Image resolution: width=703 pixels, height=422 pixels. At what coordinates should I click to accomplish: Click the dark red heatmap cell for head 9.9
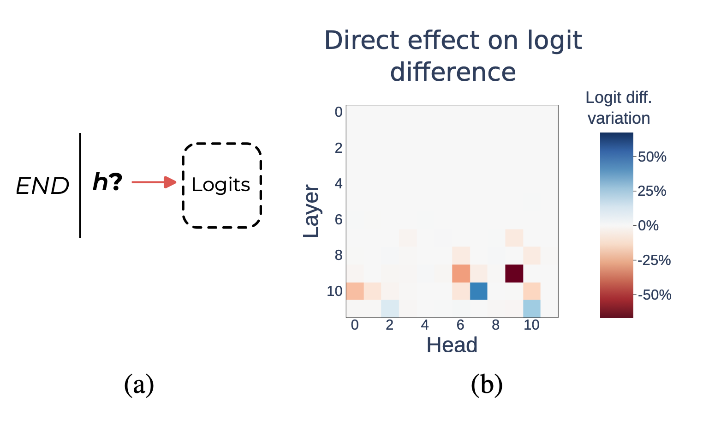514,273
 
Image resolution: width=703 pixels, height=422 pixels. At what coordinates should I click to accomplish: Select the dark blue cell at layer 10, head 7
478,291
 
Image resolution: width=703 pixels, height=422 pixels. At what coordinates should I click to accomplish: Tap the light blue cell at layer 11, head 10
531,308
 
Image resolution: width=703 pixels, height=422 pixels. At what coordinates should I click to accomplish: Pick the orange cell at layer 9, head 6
461,273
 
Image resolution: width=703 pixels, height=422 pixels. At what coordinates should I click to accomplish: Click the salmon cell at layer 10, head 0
355,291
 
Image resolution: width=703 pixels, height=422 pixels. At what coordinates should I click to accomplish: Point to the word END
42,187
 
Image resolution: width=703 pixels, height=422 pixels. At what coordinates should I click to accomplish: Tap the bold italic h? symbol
107,182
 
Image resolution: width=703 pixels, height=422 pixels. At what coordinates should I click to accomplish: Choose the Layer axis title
311,211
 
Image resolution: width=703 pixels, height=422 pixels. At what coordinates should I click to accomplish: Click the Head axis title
452,345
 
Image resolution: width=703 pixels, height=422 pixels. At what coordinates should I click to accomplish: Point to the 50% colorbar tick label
652,157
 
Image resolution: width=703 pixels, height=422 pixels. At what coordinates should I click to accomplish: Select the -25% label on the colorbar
654,260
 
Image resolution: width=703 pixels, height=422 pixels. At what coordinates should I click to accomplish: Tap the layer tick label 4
339,184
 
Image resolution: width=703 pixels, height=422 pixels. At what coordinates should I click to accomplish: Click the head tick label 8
495,325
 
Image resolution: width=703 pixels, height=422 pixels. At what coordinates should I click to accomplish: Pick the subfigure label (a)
139,385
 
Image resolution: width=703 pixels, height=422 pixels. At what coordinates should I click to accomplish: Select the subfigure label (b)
487,385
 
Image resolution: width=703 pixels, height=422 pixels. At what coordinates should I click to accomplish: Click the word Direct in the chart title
361,40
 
